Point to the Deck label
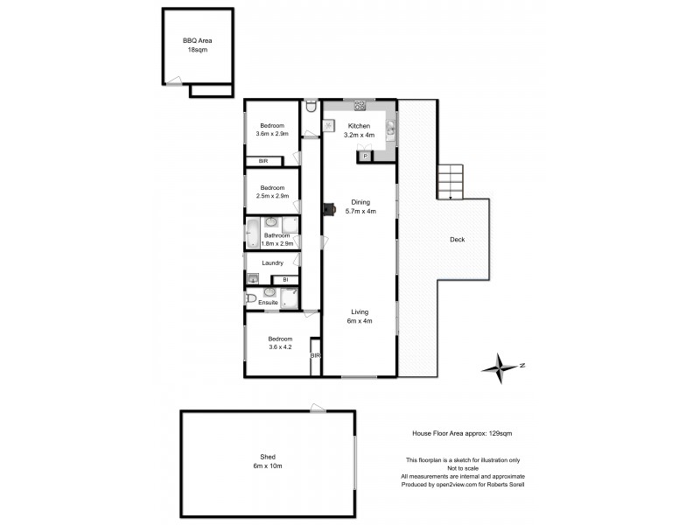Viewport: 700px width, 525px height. coord(457,239)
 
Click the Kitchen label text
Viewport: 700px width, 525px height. coord(359,126)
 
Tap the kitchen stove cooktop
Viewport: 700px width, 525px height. coord(359,106)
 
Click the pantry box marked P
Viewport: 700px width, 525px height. coord(365,156)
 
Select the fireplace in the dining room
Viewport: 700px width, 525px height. coord(328,209)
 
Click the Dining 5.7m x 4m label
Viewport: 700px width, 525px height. coord(360,206)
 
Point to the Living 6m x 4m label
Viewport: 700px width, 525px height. coord(360,316)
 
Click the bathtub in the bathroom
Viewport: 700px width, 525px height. coord(252,234)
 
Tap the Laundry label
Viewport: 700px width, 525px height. coord(271,262)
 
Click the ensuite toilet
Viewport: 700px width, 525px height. coord(252,299)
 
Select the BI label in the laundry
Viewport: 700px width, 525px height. coord(285,279)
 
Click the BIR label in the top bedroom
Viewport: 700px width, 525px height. coord(263,162)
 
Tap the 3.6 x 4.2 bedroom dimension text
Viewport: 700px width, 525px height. coord(279,347)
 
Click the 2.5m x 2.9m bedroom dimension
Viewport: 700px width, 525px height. coord(271,196)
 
